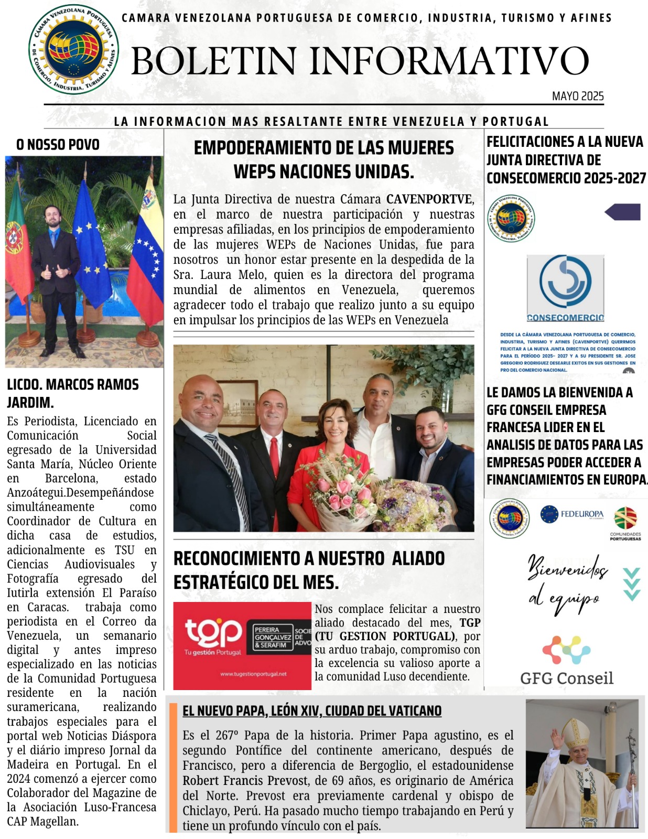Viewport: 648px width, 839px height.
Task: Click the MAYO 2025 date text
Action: [577, 96]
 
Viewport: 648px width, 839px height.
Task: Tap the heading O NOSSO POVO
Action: [58, 145]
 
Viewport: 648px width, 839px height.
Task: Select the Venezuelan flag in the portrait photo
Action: [146, 252]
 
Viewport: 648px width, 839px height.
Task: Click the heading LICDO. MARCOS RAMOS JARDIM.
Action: [72, 393]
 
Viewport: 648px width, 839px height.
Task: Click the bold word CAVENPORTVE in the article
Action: [429, 199]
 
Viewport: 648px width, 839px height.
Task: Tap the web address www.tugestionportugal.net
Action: [253, 674]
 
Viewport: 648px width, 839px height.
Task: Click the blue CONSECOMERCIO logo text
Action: [565, 318]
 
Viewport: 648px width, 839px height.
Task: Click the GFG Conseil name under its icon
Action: [566, 678]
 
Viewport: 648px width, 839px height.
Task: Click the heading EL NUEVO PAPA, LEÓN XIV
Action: [311, 711]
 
